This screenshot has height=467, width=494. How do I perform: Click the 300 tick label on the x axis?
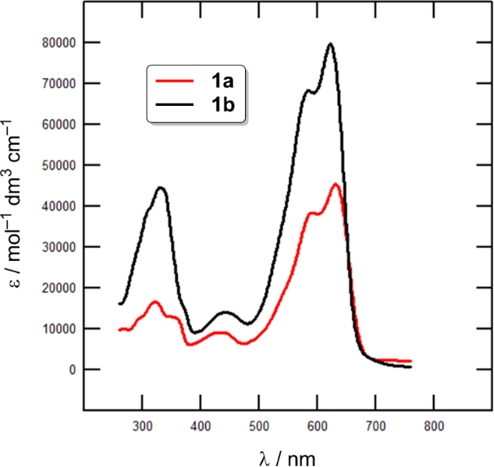click(x=142, y=425)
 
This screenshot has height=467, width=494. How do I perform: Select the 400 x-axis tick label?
click(x=200, y=425)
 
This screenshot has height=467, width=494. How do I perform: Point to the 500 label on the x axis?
click(x=259, y=425)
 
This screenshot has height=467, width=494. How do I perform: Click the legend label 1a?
click(x=221, y=82)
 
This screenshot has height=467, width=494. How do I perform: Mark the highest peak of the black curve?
click(x=330, y=44)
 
